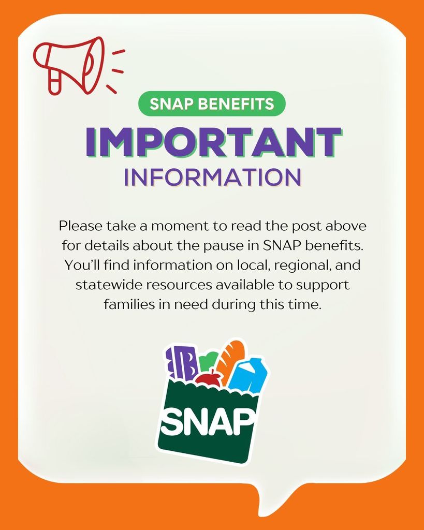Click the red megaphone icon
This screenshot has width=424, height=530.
(69, 64)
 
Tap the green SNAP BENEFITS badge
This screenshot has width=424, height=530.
(212, 104)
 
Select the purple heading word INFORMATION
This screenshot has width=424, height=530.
(212, 177)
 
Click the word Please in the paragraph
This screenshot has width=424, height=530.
(80, 226)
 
